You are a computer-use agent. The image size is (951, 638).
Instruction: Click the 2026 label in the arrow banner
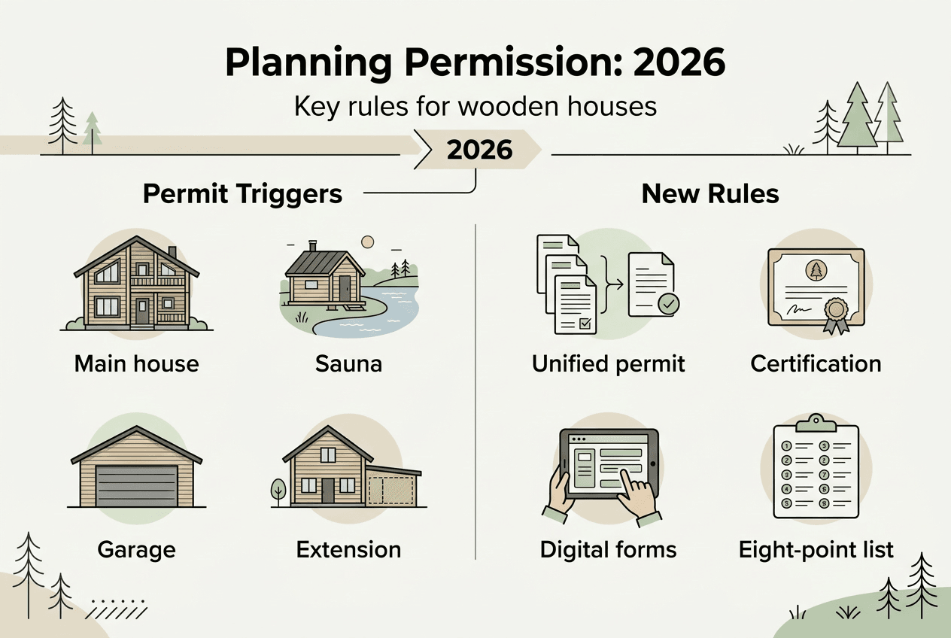click(479, 150)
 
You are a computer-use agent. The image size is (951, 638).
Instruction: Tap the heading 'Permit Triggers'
click(242, 194)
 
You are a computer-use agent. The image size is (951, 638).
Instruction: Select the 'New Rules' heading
click(710, 194)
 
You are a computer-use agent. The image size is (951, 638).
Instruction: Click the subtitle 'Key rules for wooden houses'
click(475, 106)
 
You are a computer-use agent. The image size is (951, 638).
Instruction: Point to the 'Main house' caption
click(137, 364)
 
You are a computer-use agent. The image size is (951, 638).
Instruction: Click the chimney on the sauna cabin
click(313, 247)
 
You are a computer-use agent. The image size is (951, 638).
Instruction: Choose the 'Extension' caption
click(348, 549)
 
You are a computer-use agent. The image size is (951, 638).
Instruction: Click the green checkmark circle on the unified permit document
click(667, 305)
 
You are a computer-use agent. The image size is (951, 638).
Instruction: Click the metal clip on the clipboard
click(816, 419)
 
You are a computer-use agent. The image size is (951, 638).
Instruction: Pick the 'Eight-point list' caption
click(816, 549)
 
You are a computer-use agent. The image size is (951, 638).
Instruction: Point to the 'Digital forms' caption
click(608, 549)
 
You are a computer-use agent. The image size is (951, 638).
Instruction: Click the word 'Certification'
click(816, 364)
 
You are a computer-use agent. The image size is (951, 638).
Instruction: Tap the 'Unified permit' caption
click(608, 364)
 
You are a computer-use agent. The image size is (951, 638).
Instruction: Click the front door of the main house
click(142, 311)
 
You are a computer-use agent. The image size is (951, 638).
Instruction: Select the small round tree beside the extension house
click(278, 489)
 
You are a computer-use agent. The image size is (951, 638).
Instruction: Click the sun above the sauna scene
click(367, 242)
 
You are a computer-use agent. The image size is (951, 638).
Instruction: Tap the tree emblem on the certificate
click(816, 270)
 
